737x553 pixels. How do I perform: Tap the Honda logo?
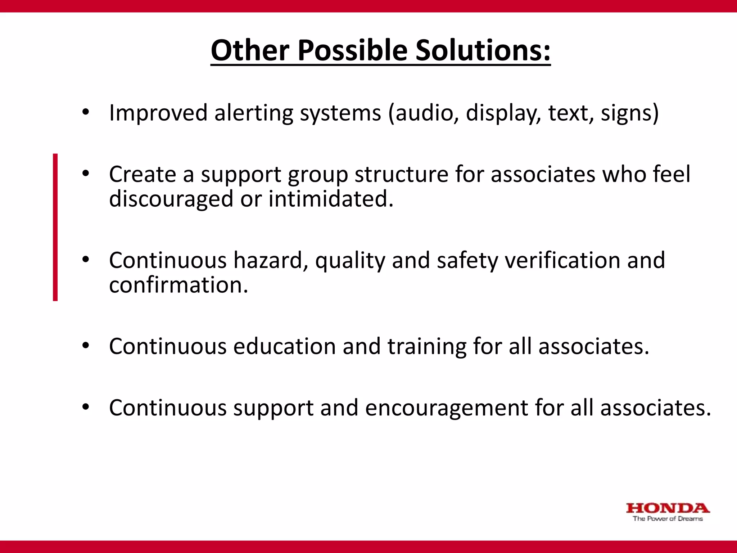pyautogui.click(x=668, y=508)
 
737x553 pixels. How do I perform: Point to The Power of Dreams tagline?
pyautogui.click(x=668, y=519)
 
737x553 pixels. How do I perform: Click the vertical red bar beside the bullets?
pyautogui.click(x=55, y=227)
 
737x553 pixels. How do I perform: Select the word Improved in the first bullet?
pyautogui.click(x=158, y=113)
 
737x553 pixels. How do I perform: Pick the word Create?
pyautogui.click(x=143, y=174)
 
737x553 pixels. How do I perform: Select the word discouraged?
pyautogui.click(x=171, y=199)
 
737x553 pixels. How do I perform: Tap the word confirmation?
pyautogui.click(x=178, y=285)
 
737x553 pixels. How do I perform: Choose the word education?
pyautogui.click(x=284, y=346)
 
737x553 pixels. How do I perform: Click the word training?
pyautogui.click(x=427, y=346)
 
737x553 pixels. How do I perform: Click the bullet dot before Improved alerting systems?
pyautogui.click(x=85, y=112)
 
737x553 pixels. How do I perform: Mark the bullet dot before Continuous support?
pyautogui.click(x=85, y=407)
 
